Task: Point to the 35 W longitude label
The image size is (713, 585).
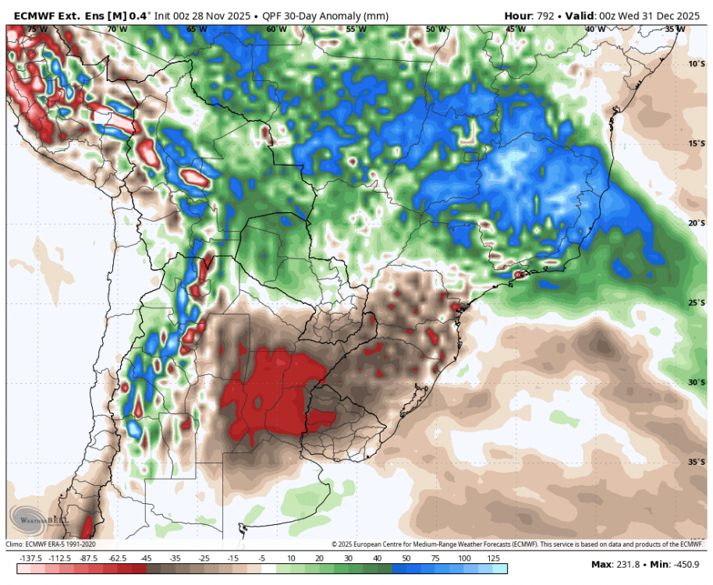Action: click(675, 29)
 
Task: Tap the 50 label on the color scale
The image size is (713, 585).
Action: click(406, 558)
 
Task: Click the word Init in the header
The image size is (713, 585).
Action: click(165, 15)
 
